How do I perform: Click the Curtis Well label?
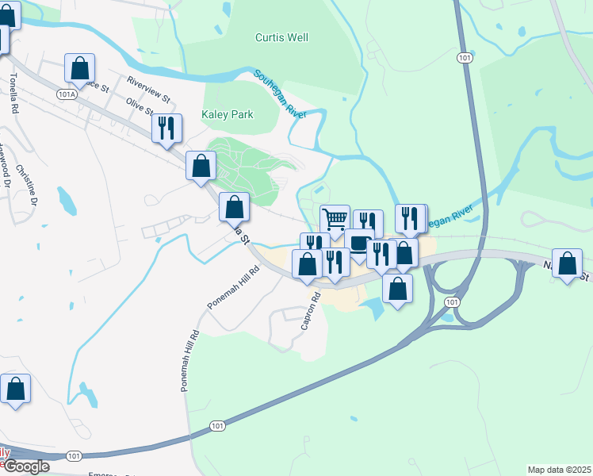[281, 37]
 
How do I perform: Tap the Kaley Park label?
[228, 114]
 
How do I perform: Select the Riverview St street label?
[149, 88]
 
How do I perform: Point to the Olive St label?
[140, 107]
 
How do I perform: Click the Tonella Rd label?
[13, 95]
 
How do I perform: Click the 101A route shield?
[67, 94]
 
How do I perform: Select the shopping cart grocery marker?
[335, 219]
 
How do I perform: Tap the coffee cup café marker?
[358, 243]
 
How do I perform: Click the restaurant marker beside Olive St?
[166, 129]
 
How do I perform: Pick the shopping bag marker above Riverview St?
[80, 68]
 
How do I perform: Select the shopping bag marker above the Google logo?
[16, 389]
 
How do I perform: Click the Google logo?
[25, 466]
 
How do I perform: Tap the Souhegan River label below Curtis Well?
[280, 94]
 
